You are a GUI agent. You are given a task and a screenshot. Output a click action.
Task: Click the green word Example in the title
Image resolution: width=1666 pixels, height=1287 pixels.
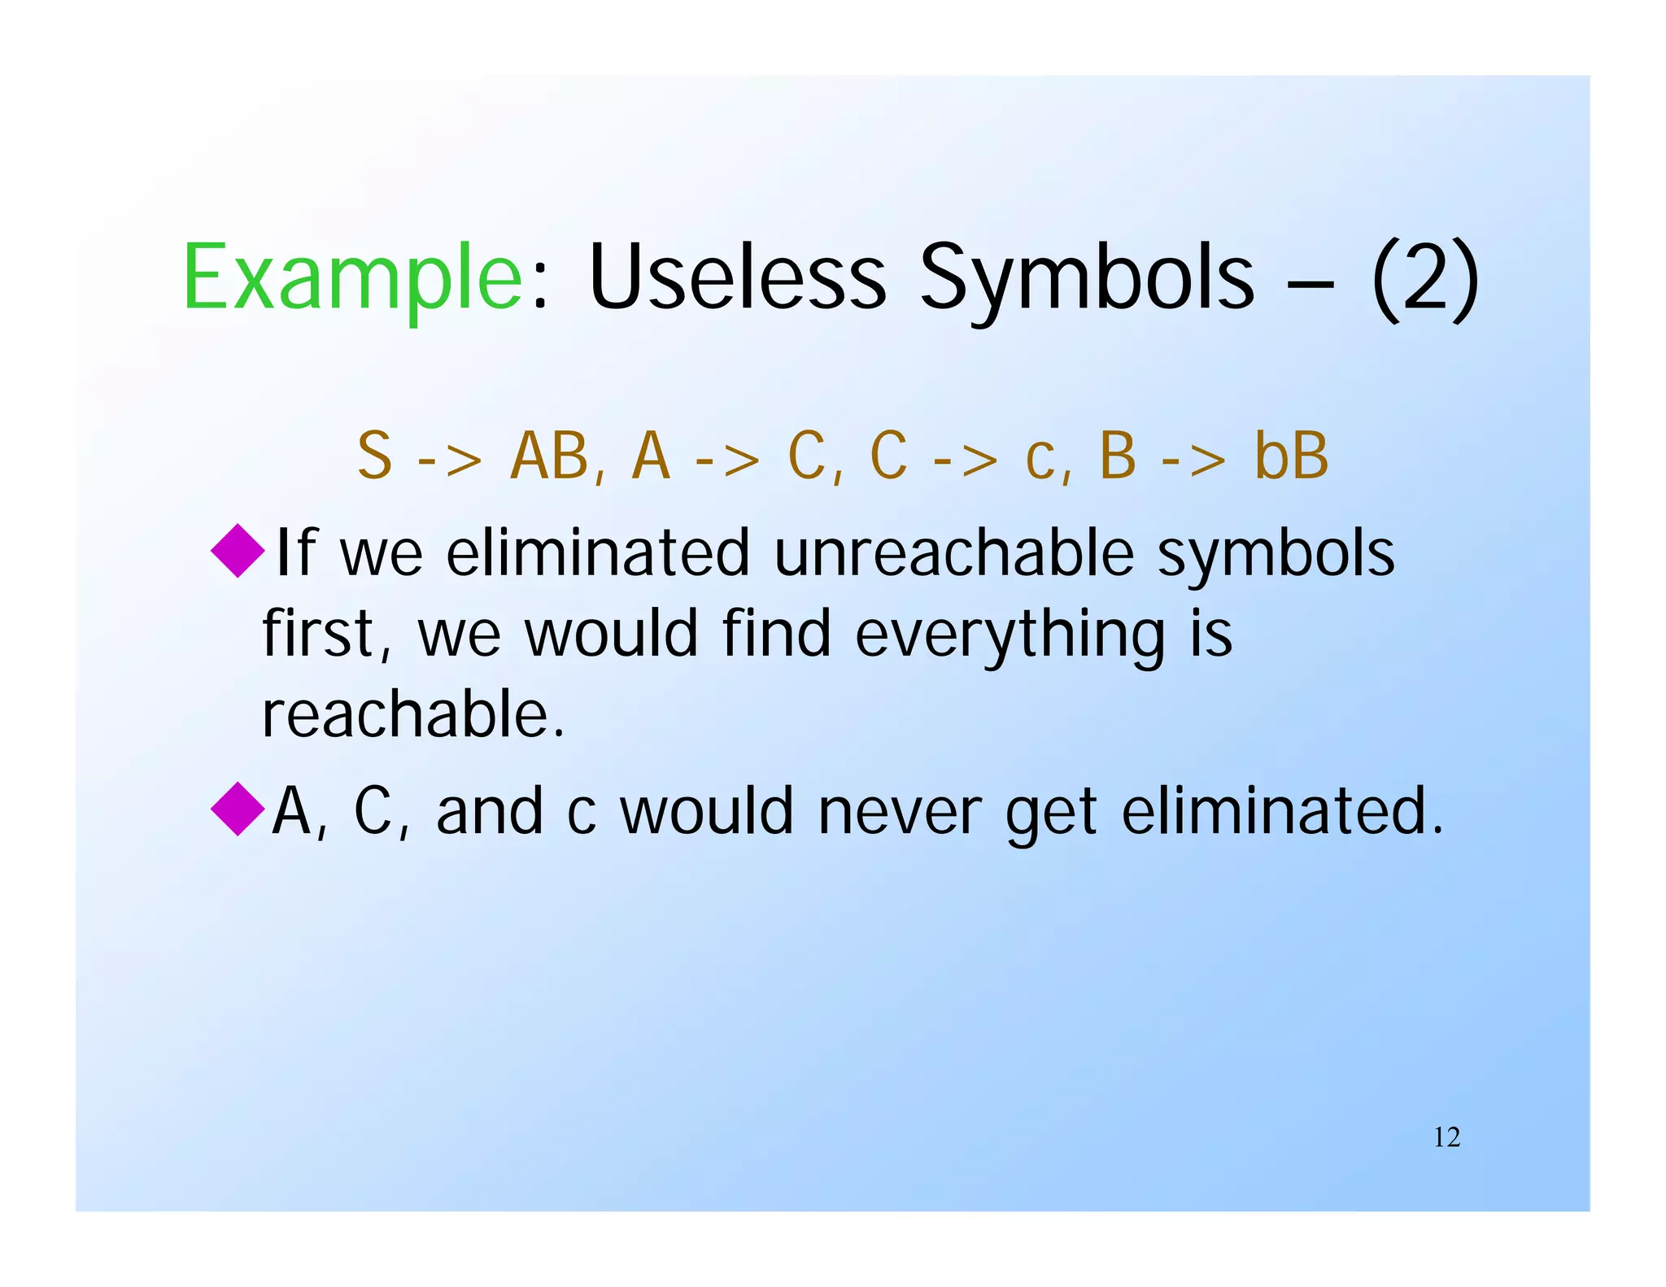pos(352,279)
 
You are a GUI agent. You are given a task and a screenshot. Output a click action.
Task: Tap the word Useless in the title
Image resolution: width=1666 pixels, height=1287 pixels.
pos(737,279)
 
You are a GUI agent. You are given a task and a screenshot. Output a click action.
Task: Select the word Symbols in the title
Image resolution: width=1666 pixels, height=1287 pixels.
pos(1087,279)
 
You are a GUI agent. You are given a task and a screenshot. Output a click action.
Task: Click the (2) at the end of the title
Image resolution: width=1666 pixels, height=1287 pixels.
pos(1424,279)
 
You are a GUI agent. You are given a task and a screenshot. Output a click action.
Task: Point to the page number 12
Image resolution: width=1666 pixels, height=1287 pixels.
pos(1446,1137)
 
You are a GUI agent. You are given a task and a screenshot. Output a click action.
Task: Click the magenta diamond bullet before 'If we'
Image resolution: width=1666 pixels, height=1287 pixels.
pos(238,552)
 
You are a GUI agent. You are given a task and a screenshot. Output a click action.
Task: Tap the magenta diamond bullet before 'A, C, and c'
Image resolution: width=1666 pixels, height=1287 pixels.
pos(238,809)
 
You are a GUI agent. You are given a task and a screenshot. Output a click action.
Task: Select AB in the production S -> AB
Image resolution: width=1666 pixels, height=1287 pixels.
pos(550,456)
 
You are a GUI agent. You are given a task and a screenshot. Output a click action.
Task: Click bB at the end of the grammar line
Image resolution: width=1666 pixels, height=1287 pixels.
pos(1291,456)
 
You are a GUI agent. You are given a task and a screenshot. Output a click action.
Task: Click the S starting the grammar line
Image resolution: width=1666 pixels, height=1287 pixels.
pos(375,456)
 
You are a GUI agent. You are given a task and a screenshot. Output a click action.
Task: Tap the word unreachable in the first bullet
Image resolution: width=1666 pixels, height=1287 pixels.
pos(953,553)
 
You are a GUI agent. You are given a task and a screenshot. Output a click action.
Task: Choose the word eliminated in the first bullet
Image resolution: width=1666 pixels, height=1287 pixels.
pos(597,553)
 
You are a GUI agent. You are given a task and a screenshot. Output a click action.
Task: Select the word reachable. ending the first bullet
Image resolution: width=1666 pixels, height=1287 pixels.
pos(412,714)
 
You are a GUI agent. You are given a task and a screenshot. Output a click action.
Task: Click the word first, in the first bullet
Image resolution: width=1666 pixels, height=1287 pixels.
pos(328,635)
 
